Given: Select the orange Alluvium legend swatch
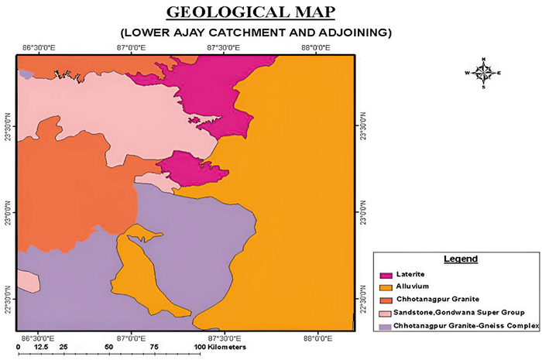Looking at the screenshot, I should (x=386, y=287).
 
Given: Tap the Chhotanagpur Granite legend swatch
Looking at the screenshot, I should (x=386, y=300).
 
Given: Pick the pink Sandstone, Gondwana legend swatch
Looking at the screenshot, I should (x=386, y=314).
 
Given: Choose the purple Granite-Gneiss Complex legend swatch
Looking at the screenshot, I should (x=386, y=326).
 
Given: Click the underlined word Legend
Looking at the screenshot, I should (x=460, y=259).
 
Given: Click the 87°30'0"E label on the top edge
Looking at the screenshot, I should (x=223, y=48).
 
